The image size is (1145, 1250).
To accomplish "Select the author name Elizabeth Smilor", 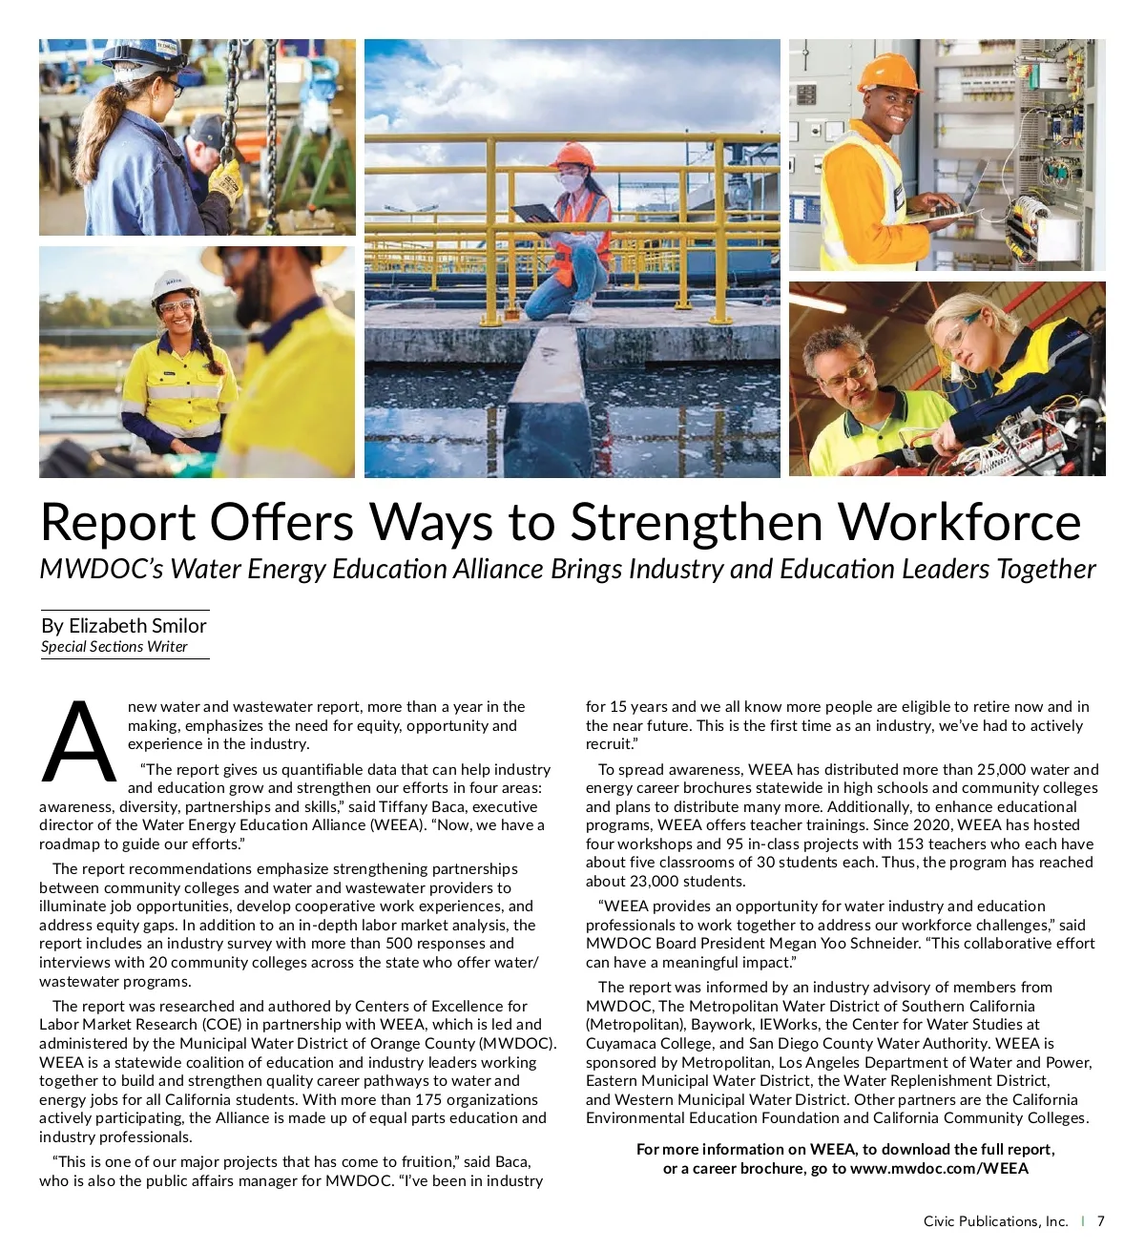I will [137, 626].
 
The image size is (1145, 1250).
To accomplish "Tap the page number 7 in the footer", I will [1100, 1221].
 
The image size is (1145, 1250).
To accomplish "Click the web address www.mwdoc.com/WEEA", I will [939, 1168].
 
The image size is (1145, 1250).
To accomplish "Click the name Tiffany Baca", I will [424, 806].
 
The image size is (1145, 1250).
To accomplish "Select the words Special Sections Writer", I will [114, 647].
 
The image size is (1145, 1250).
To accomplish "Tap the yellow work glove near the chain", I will [225, 179].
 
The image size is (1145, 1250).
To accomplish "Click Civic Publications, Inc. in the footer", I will [995, 1221].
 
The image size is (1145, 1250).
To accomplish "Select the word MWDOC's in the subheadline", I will [101, 570].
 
